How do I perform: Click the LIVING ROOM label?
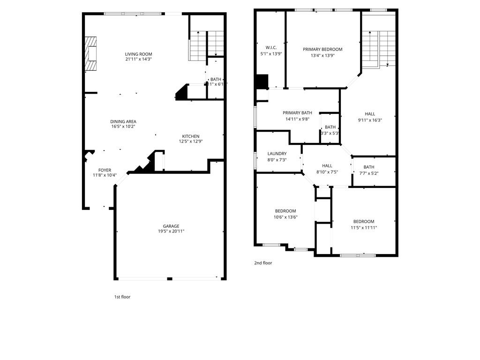click(138, 54)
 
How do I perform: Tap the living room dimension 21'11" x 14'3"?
click(138, 60)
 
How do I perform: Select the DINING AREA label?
click(123, 121)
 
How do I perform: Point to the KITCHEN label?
click(191, 136)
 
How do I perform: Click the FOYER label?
click(105, 170)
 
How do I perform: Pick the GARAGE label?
click(171, 226)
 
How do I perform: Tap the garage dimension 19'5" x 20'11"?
click(171, 232)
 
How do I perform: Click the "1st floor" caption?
click(122, 297)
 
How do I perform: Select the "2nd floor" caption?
click(263, 263)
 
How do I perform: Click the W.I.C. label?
click(271, 48)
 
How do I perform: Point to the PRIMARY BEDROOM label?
click(322, 49)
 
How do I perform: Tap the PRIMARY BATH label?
click(297, 112)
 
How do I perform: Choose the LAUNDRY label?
click(277, 154)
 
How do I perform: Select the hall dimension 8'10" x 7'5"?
click(327, 172)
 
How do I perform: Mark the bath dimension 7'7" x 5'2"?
click(369, 173)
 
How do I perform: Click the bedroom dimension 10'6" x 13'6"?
click(285, 217)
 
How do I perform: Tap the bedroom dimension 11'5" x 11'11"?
click(364, 228)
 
